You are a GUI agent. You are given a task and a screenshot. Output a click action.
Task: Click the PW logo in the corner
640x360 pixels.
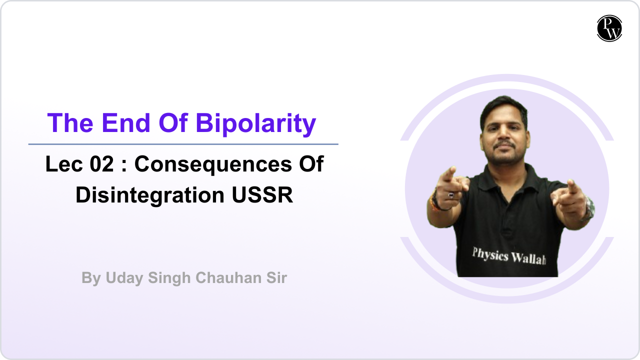click(x=609, y=28)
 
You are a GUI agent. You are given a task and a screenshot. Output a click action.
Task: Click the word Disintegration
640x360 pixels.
click(x=150, y=195)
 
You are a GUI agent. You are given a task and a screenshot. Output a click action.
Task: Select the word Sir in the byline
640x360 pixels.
click(x=275, y=278)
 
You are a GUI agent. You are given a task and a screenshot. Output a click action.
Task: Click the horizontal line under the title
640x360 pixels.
click(x=183, y=144)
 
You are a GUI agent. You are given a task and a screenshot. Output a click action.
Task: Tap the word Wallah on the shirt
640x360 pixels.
click(x=528, y=258)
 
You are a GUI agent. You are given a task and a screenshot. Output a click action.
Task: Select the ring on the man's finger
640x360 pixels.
click(x=451, y=194)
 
